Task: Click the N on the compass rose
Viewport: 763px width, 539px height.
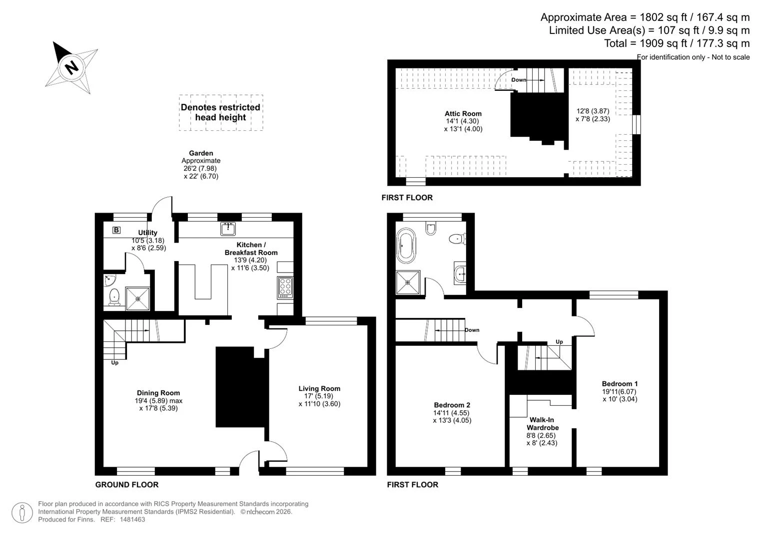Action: click(71, 67)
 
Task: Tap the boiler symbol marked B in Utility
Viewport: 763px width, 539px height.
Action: click(116, 231)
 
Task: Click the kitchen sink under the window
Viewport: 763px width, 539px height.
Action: click(228, 229)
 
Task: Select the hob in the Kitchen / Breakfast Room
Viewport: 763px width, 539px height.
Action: click(285, 288)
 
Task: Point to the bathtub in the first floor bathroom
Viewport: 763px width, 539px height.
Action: click(406, 246)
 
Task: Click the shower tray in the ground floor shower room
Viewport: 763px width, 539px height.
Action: click(137, 299)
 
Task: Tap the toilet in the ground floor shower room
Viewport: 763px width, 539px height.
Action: click(114, 297)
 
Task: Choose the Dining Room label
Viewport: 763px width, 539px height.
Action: click(158, 393)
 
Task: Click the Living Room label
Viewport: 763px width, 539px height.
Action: click(319, 389)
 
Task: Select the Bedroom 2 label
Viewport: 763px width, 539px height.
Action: click(452, 405)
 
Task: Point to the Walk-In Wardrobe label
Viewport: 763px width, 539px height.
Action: click(543, 424)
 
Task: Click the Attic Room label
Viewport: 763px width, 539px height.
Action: click(463, 114)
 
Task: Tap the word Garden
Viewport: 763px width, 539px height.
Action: click(201, 153)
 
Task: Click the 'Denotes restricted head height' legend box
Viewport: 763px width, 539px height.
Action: click(221, 113)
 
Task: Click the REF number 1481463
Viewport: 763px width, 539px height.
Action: click(132, 520)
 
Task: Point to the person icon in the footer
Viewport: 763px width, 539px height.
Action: click(22, 513)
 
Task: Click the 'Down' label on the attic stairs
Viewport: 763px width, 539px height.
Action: click(519, 80)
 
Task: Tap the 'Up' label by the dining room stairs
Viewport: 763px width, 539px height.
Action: click(115, 363)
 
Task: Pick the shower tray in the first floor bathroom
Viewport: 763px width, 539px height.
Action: click(408, 282)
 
